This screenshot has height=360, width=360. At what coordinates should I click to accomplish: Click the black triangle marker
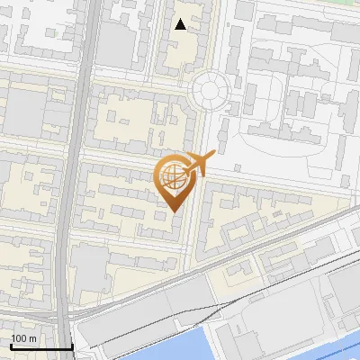pyautogui.click(x=181, y=24)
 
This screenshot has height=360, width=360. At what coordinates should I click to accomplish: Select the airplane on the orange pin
pyautogui.click(x=200, y=163)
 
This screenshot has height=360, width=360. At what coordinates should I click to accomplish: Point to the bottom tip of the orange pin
pyautogui.click(x=175, y=211)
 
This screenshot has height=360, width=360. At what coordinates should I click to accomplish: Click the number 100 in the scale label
pyautogui.click(x=21, y=338)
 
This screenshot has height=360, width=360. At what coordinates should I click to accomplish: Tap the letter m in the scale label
pyautogui.click(x=34, y=338)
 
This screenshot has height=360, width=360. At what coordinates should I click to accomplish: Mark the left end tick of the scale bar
pyautogui.click(x=11, y=346)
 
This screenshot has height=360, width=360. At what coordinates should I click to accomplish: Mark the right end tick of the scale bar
pyautogui.click(x=72, y=346)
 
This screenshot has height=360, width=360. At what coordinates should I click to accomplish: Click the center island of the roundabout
pyautogui.click(x=210, y=88)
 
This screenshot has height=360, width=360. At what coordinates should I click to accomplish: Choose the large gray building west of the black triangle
pyautogui.click(x=113, y=40)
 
